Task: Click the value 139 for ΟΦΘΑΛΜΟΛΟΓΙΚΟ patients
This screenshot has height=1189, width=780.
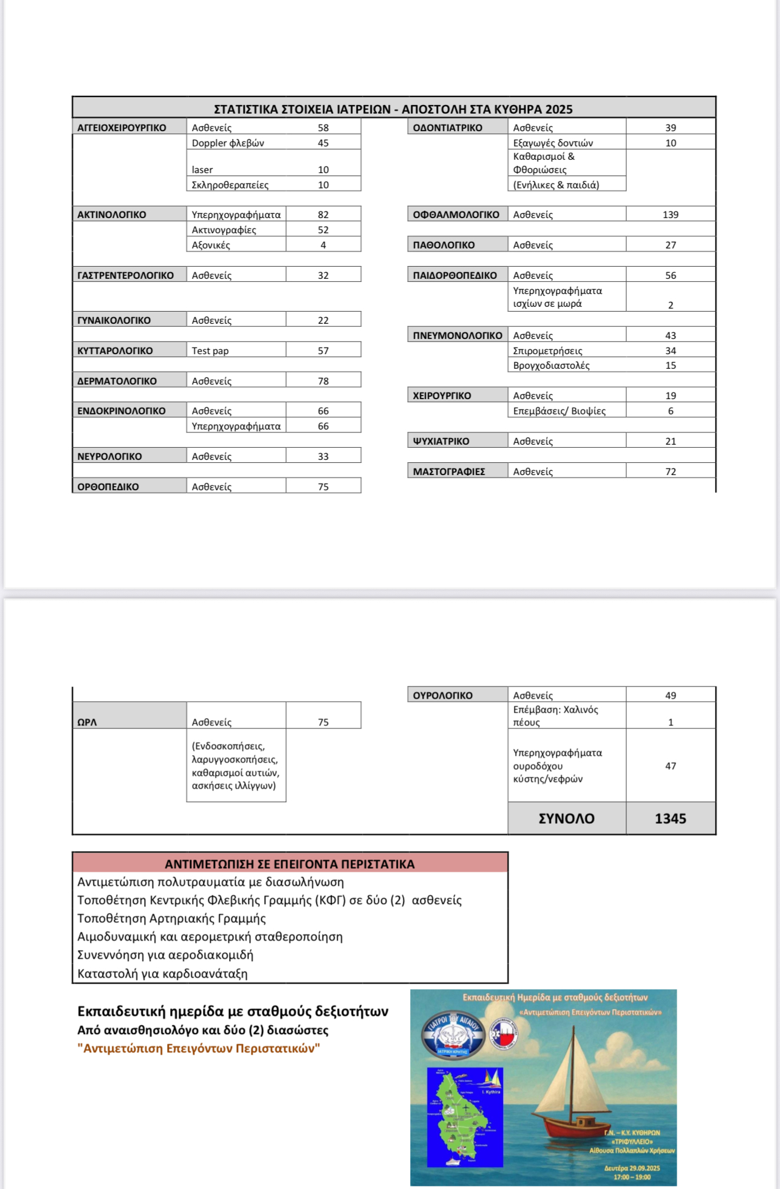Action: click(x=670, y=214)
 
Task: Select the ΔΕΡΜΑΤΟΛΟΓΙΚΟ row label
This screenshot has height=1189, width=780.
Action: click(x=117, y=381)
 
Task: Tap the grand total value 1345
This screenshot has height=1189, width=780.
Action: click(x=670, y=818)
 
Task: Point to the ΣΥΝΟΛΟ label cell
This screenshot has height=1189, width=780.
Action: click(x=566, y=818)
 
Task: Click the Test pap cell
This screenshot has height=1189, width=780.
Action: click(x=210, y=351)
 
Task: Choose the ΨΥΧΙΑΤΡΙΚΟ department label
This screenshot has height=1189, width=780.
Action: click(x=441, y=441)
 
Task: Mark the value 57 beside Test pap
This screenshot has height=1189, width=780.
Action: click(x=323, y=351)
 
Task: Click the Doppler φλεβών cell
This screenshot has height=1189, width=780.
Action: click(x=228, y=143)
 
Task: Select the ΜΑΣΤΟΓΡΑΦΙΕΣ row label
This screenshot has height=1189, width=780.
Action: click(x=449, y=471)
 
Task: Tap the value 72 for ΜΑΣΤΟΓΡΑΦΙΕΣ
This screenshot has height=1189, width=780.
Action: click(x=670, y=471)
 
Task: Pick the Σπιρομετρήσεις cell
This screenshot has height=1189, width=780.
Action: click(x=547, y=351)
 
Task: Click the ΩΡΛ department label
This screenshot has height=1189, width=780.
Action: click(x=87, y=722)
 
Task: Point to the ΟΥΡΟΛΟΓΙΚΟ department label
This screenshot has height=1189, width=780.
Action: click(x=443, y=695)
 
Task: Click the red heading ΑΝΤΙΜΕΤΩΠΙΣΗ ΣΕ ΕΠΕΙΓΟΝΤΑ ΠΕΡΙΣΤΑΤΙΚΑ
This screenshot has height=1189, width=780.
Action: click(x=290, y=863)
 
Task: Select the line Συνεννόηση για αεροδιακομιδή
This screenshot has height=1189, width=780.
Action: click(x=165, y=954)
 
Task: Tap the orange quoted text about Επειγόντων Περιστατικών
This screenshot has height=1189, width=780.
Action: click(x=199, y=1048)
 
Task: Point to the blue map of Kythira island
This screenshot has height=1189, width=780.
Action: click(x=465, y=1117)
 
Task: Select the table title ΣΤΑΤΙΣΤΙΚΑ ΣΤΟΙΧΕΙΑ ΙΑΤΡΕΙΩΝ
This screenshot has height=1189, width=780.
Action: click(x=393, y=109)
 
